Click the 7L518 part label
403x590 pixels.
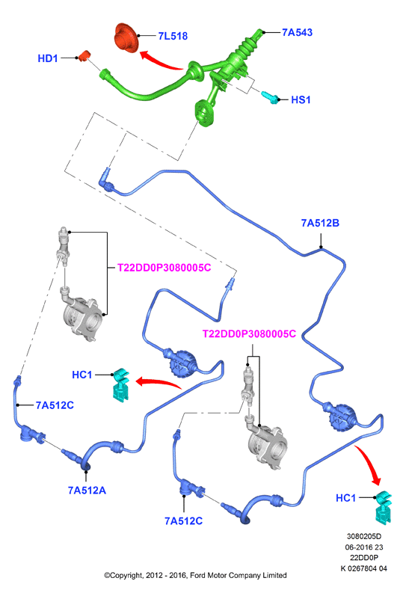(x=173, y=36)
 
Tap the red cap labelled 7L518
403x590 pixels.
(x=126, y=37)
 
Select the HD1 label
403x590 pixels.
(x=48, y=58)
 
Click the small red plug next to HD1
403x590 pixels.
(x=84, y=55)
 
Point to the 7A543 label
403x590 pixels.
(x=298, y=32)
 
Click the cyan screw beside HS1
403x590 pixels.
(x=270, y=97)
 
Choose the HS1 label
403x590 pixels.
(x=301, y=99)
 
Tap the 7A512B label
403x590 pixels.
(x=320, y=223)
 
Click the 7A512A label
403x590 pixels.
(x=87, y=491)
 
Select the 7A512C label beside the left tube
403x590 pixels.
(x=55, y=405)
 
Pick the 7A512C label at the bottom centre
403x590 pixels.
(x=184, y=520)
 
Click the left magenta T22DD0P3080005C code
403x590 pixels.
(x=164, y=268)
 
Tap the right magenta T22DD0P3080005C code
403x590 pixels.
(x=249, y=334)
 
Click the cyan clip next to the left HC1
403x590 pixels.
(x=121, y=384)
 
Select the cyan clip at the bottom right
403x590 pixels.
(x=384, y=508)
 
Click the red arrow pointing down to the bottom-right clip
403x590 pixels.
(x=369, y=464)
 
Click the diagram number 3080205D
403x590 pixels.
(x=364, y=536)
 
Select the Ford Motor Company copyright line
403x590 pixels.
(x=195, y=575)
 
